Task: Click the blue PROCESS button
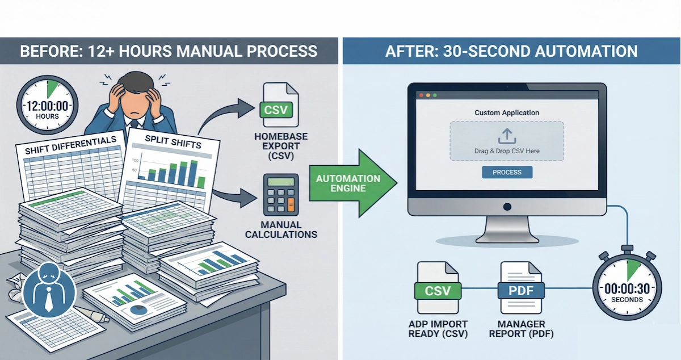click(507, 172)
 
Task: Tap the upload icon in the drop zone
click(507, 136)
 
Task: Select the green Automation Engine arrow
click(348, 183)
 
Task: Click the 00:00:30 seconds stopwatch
click(627, 288)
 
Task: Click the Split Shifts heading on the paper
click(173, 141)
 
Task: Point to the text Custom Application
click(507, 113)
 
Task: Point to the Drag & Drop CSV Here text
click(507, 151)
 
